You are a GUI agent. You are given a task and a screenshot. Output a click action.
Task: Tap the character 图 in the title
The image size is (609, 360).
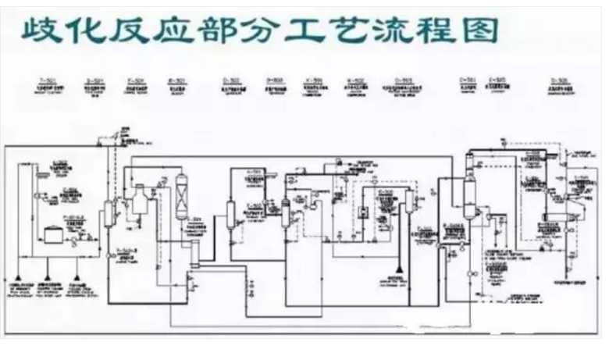[x=478, y=31]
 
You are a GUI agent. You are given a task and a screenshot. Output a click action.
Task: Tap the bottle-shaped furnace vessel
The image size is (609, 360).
[x=140, y=201]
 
